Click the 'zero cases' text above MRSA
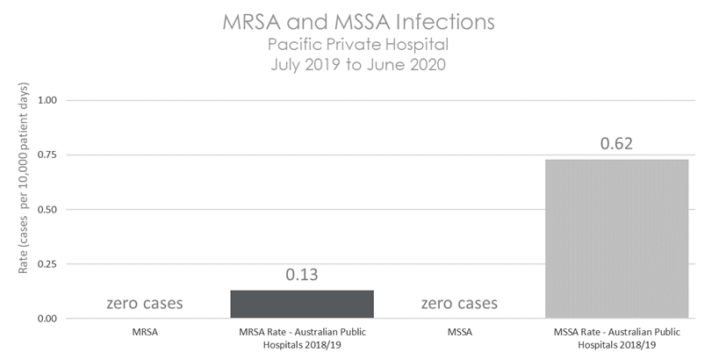tap(145, 304)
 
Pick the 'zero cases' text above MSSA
tap(459, 304)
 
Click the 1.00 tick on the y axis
tap(47, 100)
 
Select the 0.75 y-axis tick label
tap(47, 155)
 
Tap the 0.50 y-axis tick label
tap(47, 209)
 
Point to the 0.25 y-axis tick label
tap(47, 263)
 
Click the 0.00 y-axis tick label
tap(47, 318)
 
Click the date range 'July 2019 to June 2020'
tap(361, 63)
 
